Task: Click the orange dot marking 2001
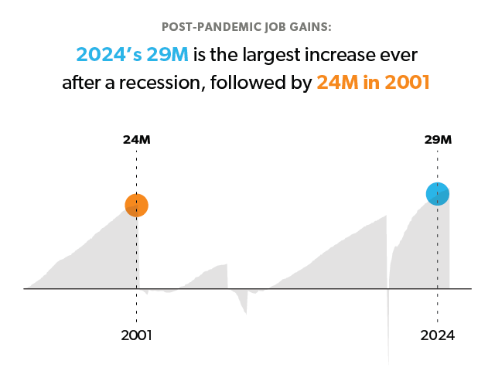coord(136,206)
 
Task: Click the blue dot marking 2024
coord(438,194)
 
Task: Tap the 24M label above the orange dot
coord(136,140)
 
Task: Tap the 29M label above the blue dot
coord(438,140)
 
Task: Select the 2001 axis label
coord(136,335)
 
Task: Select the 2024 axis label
coord(438,335)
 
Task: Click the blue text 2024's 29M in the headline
coord(132,55)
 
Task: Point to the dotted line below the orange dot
coord(136,255)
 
